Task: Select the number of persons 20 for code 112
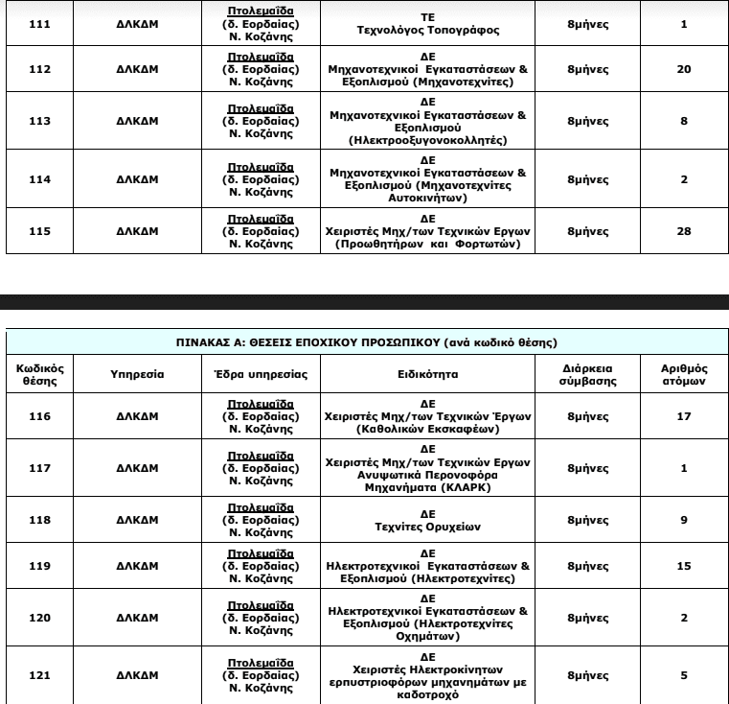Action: pos(684,70)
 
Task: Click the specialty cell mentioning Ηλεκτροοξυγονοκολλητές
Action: pos(427,122)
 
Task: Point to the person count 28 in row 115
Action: pos(684,231)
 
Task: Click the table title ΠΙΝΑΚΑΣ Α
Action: pos(367,341)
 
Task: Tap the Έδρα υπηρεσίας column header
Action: pos(260,374)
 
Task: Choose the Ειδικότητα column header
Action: pos(427,374)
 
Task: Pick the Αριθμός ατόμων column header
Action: pos(684,374)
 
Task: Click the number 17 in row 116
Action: pos(684,416)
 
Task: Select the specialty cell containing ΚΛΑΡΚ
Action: pos(427,468)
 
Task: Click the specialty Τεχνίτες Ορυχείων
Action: pos(427,519)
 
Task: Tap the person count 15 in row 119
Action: pos(684,566)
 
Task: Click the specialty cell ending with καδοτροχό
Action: pos(427,675)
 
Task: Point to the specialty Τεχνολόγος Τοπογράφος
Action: pos(427,24)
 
